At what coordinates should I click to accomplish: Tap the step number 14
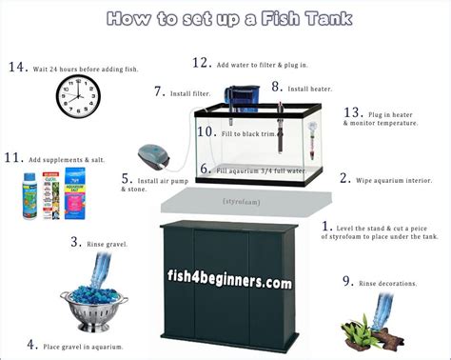tap(16, 67)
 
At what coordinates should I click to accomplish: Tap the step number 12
tap(200, 62)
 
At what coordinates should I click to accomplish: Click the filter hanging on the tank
tap(241, 97)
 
